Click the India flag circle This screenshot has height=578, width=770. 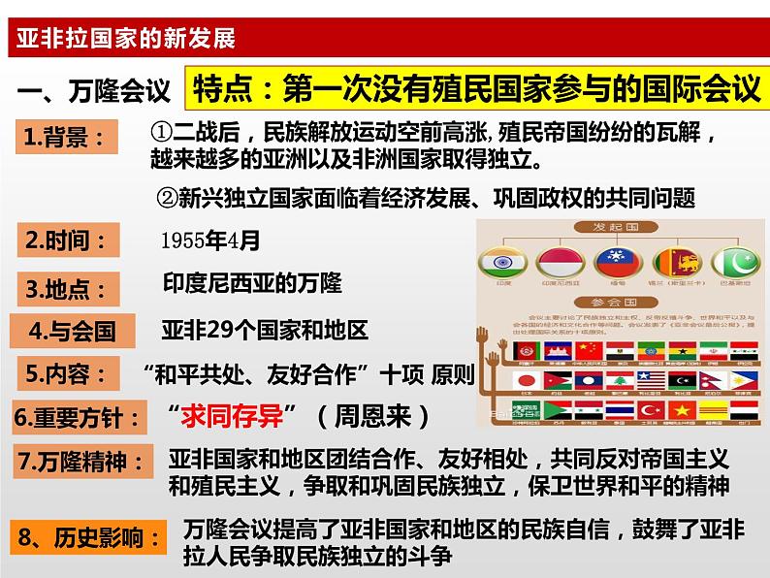502,262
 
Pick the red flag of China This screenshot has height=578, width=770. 588,350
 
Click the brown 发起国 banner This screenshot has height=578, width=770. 615,227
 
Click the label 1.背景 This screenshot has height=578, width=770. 66,138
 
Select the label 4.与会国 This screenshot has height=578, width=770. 74,331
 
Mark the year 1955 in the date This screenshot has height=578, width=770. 190,240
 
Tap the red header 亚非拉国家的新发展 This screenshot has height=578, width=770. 121,40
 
